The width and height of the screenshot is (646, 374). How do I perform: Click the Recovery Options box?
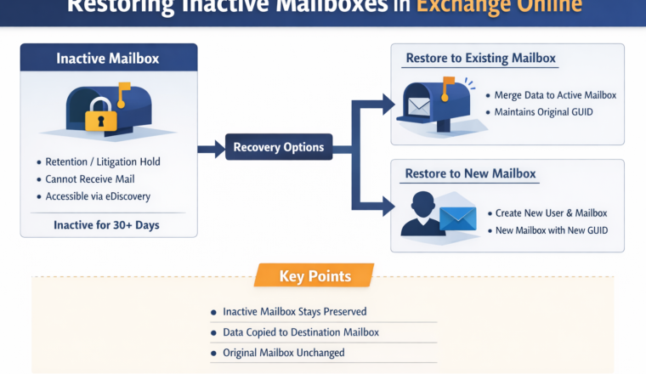click(x=279, y=148)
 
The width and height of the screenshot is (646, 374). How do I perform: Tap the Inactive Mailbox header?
click(x=108, y=59)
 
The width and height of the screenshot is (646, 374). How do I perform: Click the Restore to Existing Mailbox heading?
click(x=480, y=59)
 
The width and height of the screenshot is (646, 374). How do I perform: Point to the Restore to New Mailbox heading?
click(x=471, y=173)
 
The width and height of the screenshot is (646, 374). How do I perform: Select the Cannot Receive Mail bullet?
click(x=90, y=179)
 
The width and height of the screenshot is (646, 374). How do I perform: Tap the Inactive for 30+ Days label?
click(x=107, y=225)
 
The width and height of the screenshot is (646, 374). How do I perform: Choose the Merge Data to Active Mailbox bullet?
click(x=555, y=95)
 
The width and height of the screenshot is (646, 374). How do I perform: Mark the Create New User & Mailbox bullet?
click(x=551, y=212)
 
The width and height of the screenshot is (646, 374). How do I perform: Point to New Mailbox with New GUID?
click(x=552, y=230)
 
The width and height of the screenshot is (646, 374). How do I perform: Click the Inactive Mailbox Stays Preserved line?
click(x=294, y=312)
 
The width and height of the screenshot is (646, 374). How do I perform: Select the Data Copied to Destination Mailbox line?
click(x=300, y=332)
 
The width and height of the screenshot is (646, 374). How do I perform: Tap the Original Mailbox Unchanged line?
click(x=284, y=353)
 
